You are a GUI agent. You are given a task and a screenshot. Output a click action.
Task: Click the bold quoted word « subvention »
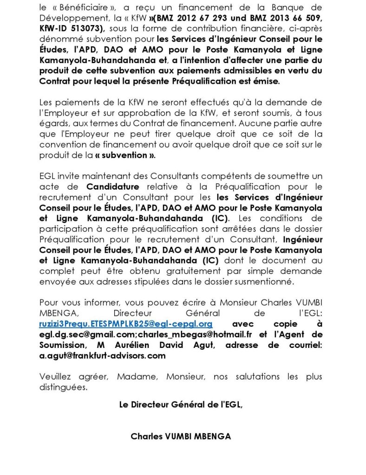[125, 155]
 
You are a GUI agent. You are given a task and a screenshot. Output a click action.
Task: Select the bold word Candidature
[113, 187]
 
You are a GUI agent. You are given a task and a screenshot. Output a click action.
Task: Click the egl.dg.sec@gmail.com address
[81, 334]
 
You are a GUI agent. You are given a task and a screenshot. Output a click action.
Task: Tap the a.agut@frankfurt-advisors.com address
[102, 356]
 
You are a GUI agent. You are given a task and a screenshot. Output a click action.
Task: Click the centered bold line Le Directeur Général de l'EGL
[181, 404]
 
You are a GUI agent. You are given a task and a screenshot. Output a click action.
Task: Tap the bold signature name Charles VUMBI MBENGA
[181, 436]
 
